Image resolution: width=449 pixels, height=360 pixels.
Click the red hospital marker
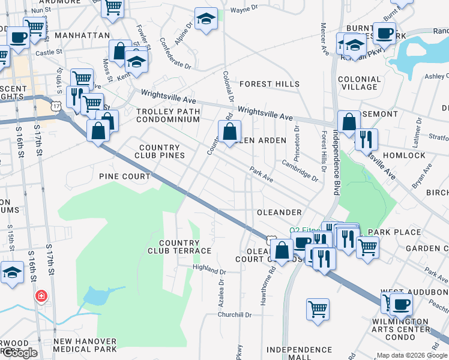40,296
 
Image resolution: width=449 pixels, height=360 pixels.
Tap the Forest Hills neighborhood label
270,85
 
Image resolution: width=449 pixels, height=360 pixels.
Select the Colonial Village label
360,83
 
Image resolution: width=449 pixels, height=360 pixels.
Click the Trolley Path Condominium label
167,115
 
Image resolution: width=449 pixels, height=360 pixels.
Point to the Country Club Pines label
159,151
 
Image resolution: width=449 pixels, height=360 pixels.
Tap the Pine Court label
125,176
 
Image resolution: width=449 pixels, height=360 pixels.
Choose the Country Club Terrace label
179,247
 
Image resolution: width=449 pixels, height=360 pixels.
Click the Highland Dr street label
208,268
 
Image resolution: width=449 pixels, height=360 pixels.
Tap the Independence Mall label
291,353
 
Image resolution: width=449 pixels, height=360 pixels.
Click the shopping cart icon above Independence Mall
318,308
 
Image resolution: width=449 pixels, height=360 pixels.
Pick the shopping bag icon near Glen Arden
229,131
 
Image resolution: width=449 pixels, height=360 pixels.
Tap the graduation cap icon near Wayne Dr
206,19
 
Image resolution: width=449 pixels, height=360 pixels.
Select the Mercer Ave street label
325,40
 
